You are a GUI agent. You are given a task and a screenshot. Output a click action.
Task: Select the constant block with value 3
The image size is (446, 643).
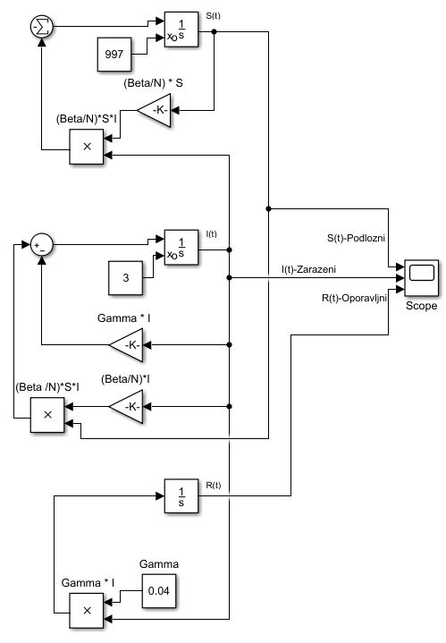[x=126, y=279]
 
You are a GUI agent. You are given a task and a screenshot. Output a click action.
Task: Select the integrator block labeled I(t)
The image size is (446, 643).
[x=180, y=250]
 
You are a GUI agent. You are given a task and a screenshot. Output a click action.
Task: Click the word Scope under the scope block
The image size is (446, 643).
[x=421, y=305]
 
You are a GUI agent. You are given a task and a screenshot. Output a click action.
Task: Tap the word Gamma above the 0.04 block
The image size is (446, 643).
[x=160, y=564]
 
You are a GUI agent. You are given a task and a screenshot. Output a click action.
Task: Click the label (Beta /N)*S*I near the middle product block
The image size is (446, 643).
[x=48, y=387]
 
